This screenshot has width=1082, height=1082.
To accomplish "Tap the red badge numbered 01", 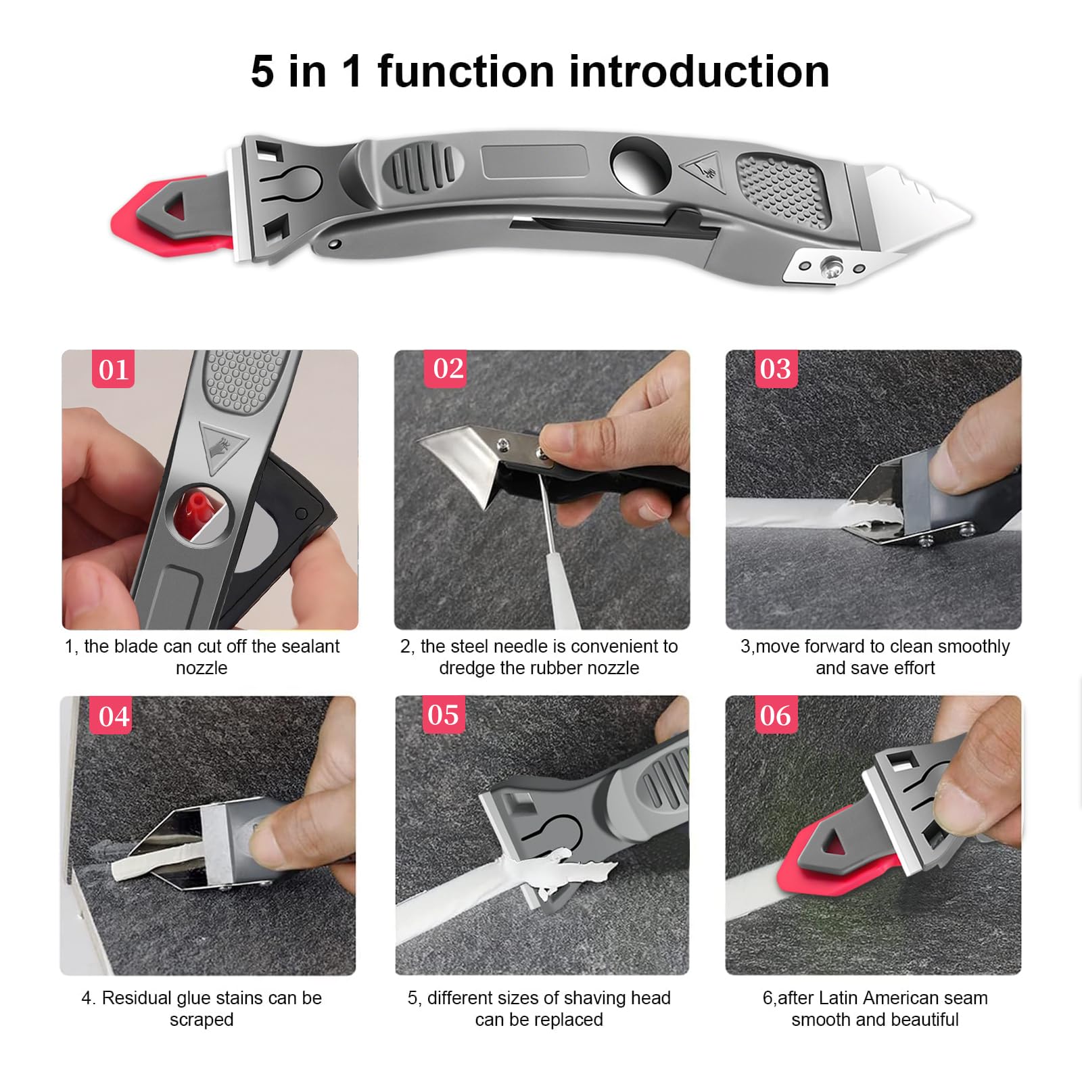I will [x=113, y=370].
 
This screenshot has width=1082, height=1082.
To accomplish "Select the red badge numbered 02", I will [x=448, y=369].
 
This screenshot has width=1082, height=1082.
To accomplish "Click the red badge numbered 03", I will [x=775, y=369].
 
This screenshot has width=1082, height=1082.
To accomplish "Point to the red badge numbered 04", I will [x=113, y=716].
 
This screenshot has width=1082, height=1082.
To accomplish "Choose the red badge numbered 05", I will [x=443, y=715].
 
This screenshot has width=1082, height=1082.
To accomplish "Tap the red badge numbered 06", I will [x=775, y=715].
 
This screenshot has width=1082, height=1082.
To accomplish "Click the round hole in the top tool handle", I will [x=639, y=166].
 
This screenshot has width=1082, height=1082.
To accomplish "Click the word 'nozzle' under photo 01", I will [x=202, y=668].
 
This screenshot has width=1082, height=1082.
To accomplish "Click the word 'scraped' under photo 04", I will [x=202, y=1020].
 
